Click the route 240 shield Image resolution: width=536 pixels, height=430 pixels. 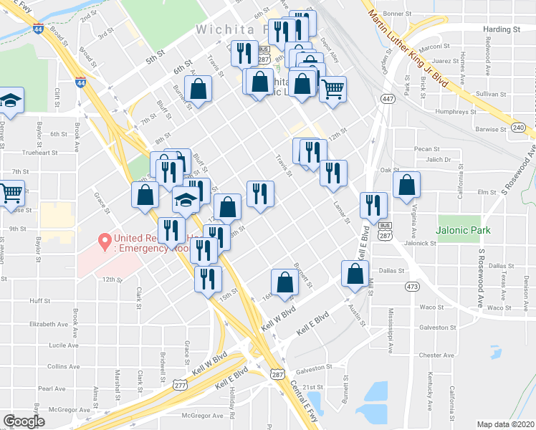[x=519, y=127]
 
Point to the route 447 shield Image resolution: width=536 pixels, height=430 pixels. [x=388, y=99]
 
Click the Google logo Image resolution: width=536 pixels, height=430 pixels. [x=24, y=421]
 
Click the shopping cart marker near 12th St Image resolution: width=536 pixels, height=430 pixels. [x=332, y=90]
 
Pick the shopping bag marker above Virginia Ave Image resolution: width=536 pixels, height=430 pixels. [x=406, y=185]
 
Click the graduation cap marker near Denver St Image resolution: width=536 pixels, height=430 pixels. [x=11, y=100]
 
